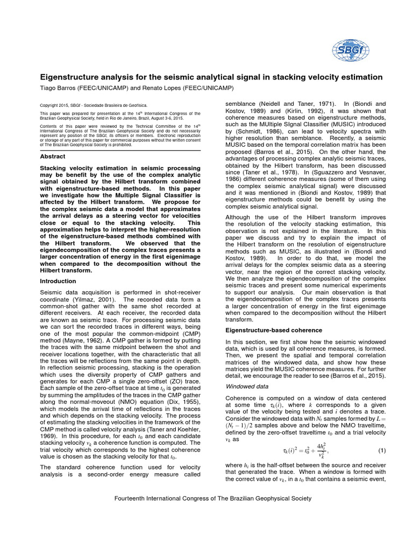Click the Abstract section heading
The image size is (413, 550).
53,156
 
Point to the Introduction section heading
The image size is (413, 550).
58,281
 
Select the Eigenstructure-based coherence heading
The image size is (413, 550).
274,330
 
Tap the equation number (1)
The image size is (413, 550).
382,450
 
